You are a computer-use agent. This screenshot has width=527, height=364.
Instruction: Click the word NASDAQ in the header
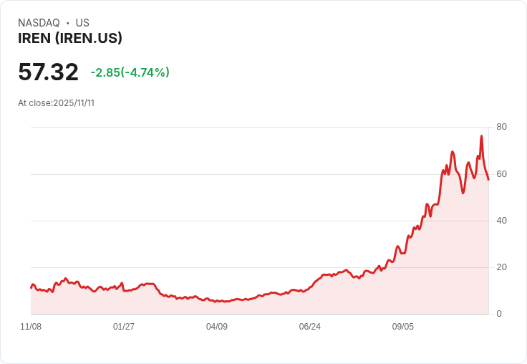39,23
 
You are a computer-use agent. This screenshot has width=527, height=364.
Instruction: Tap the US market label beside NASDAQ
82,23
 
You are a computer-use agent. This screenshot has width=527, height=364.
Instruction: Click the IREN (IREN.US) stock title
70,39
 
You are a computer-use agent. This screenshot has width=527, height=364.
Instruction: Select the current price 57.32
48,72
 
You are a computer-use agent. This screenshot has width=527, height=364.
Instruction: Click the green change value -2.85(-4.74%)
130,72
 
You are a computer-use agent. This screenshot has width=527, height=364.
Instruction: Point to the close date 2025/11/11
74,103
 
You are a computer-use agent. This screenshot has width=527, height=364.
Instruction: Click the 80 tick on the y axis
501,127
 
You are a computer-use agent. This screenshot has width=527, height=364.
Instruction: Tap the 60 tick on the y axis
501,174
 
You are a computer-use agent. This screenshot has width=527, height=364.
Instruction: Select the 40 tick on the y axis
501,221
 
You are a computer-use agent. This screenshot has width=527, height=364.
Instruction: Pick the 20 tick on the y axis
501,267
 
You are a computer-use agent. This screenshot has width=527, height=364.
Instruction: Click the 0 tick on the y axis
499,314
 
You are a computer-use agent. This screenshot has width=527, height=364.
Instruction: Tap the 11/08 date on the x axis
31,327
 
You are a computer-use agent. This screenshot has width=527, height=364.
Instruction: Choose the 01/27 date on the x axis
124,327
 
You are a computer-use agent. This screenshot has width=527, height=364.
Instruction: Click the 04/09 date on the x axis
217,327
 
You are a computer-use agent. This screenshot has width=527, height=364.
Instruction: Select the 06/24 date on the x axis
310,327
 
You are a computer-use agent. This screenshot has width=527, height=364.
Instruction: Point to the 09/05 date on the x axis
403,327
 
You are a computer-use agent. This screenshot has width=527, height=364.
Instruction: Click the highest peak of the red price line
481,135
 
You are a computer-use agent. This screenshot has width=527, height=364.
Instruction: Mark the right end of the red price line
488,179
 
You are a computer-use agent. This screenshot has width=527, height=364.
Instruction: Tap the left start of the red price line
31,287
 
